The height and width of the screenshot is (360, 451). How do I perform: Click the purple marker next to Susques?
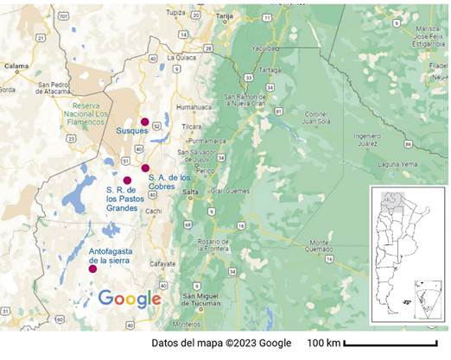(x=145, y=122)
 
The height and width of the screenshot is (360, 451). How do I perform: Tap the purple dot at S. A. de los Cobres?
(x=146, y=167)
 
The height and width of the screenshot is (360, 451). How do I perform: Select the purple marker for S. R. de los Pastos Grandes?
(x=127, y=180)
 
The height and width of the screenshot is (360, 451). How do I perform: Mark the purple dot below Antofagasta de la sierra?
(x=92, y=268)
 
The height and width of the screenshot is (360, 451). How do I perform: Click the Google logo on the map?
(x=130, y=299)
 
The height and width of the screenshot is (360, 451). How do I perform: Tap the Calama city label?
(x=16, y=65)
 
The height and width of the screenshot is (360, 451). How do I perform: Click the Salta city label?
(x=192, y=192)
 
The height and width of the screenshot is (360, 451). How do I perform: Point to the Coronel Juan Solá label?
(x=318, y=117)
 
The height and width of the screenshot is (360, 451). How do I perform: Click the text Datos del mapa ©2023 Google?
(x=221, y=344)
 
